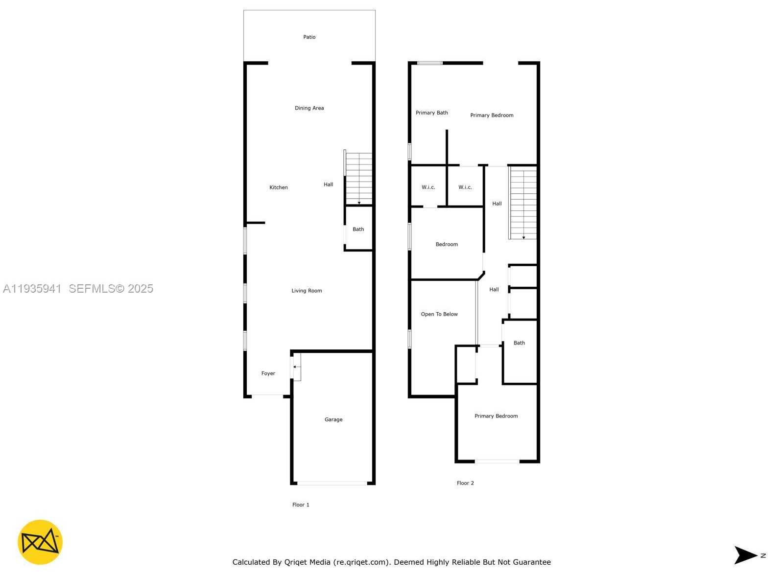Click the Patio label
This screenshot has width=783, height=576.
(309, 37)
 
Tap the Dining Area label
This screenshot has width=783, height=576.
(309, 108)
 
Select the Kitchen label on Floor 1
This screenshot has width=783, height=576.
(279, 187)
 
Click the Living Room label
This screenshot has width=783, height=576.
(307, 291)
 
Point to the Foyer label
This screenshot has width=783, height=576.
(268, 373)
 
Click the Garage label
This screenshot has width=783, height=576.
(333, 419)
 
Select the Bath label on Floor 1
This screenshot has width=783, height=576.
(358, 229)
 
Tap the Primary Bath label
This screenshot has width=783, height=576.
(431, 113)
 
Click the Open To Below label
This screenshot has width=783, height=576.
(439, 314)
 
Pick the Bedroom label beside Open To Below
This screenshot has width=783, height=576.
(447, 244)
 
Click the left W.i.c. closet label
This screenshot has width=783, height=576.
(428, 187)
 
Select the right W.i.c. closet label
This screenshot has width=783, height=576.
(465, 187)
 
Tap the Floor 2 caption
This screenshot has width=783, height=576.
(465, 483)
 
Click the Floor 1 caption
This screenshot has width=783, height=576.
(301, 505)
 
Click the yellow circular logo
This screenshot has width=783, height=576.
(40, 542)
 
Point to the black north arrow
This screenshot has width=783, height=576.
(745, 555)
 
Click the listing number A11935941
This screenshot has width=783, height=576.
(32, 289)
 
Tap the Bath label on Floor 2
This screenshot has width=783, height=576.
(519, 343)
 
